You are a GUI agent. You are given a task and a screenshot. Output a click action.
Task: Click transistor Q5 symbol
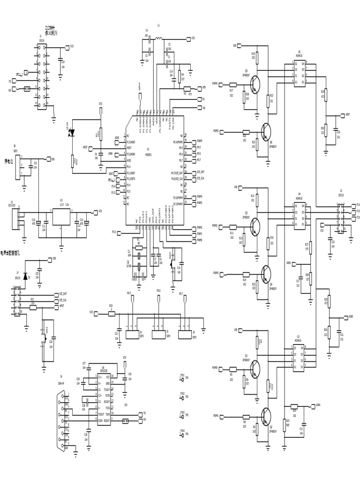pos(255,84)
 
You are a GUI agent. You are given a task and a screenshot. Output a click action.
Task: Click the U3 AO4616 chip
pos(299,356)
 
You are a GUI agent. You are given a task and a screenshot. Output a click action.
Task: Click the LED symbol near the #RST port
pos(72,133)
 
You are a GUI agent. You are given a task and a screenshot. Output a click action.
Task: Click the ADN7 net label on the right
pos(347,114)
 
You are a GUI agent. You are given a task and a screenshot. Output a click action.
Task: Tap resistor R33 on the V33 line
pos(111,312)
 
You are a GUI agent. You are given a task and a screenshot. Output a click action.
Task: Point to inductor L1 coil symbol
pos(158,38)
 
